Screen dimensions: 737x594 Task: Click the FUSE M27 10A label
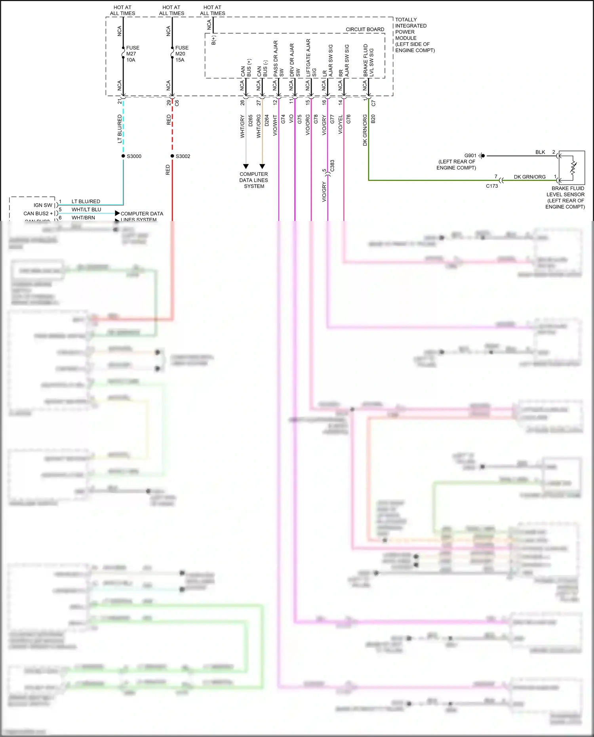point(132,54)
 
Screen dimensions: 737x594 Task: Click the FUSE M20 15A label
point(181,54)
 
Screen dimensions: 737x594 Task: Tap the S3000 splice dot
point(123,156)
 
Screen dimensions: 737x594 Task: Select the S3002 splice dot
point(172,156)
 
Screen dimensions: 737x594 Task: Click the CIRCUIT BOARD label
point(365,29)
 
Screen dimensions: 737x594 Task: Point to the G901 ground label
point(470,156)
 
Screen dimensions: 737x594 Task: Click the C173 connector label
point(492,186)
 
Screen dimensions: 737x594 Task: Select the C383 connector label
point(332,166)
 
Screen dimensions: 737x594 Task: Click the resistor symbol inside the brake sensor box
point(573,167)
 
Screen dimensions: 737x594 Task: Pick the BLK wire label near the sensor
point(540,152)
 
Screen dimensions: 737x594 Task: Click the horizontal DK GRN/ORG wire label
point(529,177)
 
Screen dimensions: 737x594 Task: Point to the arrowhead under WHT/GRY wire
point(246,166)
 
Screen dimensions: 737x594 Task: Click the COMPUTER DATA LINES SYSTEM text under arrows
point(254,180)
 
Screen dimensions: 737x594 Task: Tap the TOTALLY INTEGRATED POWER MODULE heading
point(414,35)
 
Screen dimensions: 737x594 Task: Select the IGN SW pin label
point(43,205)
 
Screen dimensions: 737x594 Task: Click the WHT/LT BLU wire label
point(86,209)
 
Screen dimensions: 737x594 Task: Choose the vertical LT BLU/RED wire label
point(120,129)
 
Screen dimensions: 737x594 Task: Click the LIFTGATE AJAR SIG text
point(311,58)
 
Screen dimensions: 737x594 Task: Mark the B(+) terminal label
point(213,40)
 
